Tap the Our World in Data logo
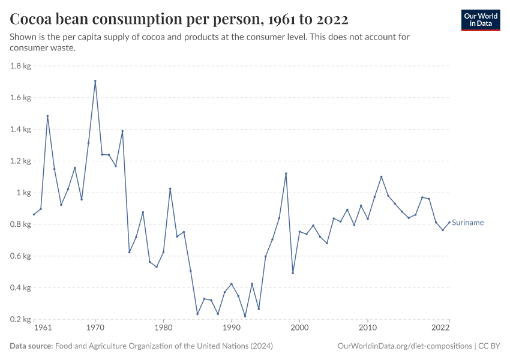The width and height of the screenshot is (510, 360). coord(480,20)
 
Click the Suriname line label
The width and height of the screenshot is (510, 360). coord(468,223)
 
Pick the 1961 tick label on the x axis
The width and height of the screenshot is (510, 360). coord(43,328)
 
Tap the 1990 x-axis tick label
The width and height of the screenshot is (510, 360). coord(232,328)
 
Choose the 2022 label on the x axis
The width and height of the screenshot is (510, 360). coord(441,328)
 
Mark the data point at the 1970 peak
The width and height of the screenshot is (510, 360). coord(95,81)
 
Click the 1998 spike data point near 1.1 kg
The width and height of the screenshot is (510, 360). coord(286,173)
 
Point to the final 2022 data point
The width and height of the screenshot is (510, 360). coord(449,222)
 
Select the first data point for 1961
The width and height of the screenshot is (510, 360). coord(34,214)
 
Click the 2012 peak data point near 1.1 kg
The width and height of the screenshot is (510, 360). coord(382,176)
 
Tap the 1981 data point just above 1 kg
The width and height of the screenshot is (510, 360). coord(170,188)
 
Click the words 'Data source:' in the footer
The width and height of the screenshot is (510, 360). coord(31,346)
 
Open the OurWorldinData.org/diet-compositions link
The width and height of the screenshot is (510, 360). coord(404,346)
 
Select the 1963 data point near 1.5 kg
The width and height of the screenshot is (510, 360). coord(47,116)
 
